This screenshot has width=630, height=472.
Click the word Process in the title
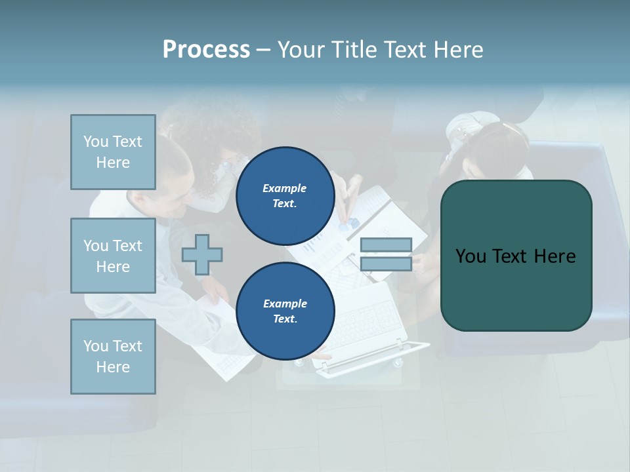pyautogui.click(x=206, y=50)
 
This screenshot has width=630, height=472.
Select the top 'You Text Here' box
pyautogui.click(x=113, y=152)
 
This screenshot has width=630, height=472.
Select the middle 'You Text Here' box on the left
pyautogui.click(x=113, y=256)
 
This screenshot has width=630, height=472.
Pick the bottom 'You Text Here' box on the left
pyautogui.click(x=113, y=356)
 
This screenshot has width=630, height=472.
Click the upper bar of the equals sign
pyautogui.click(x=386, y=245)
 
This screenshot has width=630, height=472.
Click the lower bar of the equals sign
pyautogui.click(x=386, y=264)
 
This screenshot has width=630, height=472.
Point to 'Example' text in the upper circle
pyautogui.click(x=285, y=188)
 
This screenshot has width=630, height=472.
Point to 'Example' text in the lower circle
pyautogui.click(x=285, y=304)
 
